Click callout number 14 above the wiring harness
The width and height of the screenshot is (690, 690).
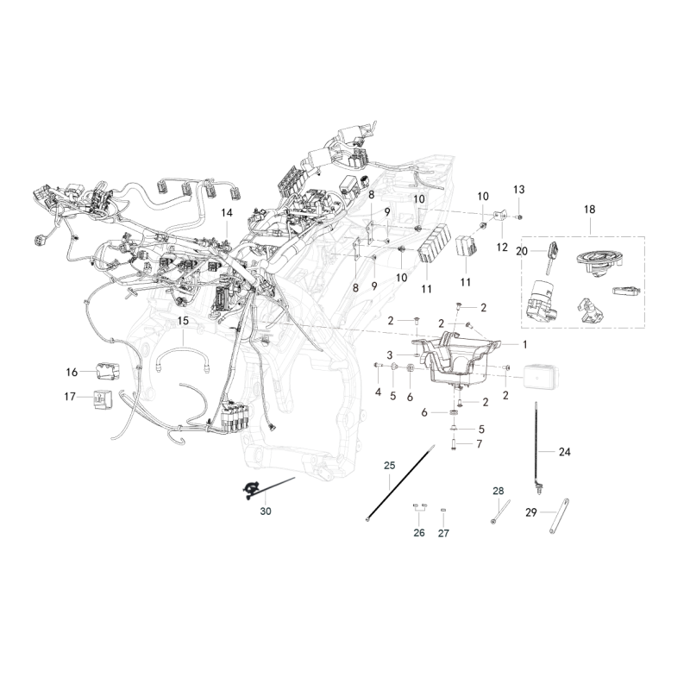click(227, 213)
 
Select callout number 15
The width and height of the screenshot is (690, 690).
click(183, 321)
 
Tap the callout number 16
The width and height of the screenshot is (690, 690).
click(72, 373)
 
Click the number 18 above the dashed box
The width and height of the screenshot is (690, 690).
click(589, 210)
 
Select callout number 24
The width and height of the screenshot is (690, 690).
click(565, 451)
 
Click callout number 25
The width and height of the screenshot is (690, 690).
click(390, 465)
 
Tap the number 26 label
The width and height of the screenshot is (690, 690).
click(419, 533)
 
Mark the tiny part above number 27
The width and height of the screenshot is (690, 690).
click(443, 510)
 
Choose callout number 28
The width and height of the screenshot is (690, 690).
click(499, 491)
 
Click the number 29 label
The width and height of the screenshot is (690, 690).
click(531, 512)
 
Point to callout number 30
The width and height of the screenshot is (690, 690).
click(266, 511)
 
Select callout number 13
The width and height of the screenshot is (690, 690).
click(519, 190)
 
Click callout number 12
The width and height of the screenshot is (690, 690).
click(502, 248)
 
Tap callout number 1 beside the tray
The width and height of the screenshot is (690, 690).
click(525, 344)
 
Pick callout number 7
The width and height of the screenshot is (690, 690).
click(480, 443)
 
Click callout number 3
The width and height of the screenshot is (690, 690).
click(390, 354)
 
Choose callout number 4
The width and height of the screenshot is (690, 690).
click(378, 392)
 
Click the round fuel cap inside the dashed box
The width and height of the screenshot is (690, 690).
click(599, 262)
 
